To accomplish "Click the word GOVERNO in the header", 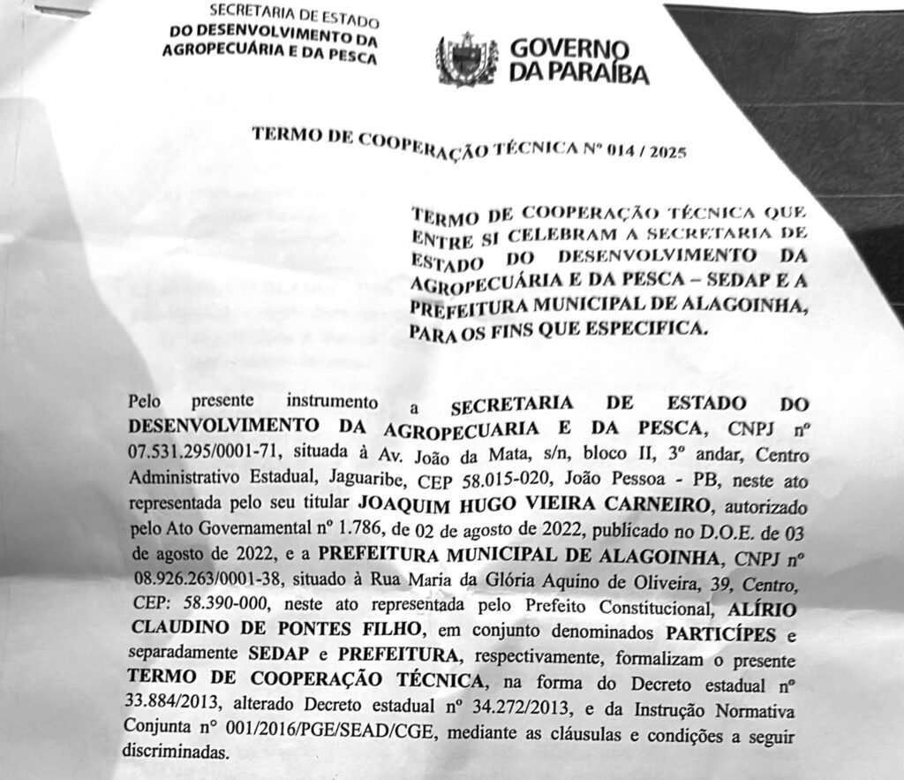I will pyautogui.click(x=569, y=49).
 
